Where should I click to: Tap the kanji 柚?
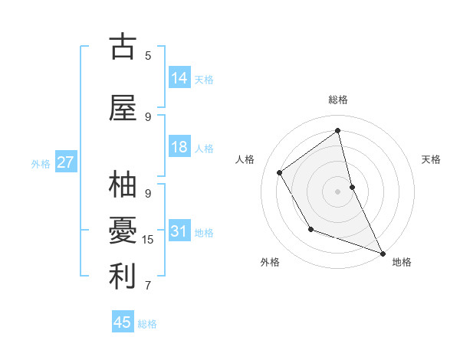[x=123, y=185]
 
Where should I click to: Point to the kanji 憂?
[x=123, y=231]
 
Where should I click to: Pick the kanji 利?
[x=123, y=277]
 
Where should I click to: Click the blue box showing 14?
[x=179, y=78]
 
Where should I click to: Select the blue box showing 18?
[x=179, y=147]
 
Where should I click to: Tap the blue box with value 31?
[x=179, y=231]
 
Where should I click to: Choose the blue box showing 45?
[x=123, y=322]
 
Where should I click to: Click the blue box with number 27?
[x=66, y=162]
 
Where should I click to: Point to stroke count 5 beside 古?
[x=148, y=55]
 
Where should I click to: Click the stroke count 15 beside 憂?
[x=148, y=240]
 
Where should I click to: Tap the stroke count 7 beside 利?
[x=148, y=286]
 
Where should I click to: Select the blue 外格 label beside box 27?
[x=41, y=163]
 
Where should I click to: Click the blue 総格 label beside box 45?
[x=147, y=324]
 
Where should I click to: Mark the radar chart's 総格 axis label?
[x=337, y=100]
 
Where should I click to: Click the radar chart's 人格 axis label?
[x=245, y=159]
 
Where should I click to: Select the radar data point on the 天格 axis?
[x=352, y=187]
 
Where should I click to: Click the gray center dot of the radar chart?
[x=337, y=191]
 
